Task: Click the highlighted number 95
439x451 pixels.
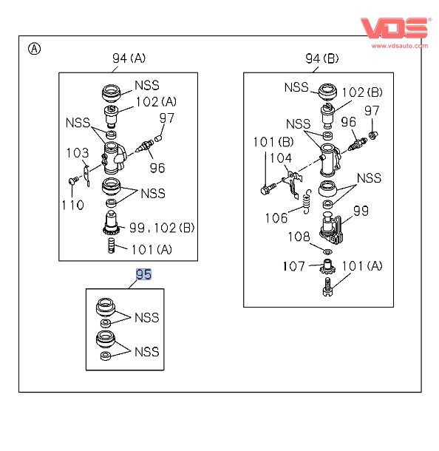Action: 143,274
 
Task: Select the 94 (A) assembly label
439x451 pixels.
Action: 129,58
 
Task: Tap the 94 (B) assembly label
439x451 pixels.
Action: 322,58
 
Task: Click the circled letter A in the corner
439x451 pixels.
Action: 35,49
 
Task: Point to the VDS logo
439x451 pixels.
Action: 395,28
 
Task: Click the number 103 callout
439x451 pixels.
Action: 78,153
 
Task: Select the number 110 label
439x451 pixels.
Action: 72,205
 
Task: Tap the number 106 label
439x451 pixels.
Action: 276,217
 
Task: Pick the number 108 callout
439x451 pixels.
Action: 299,237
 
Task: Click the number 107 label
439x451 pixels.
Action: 294,266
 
